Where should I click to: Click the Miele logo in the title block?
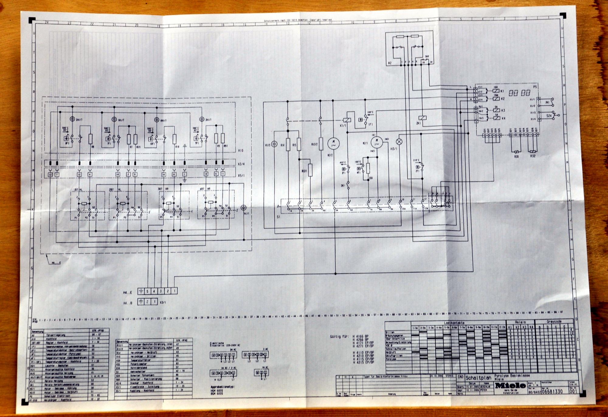click(x=510, y=385)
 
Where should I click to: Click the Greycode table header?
click(x=554, y=321)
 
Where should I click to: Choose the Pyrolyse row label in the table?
click(x=391, y=359)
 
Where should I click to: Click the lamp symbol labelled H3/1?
click(x=399, y=142)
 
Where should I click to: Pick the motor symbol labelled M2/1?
click(x=377, y=142)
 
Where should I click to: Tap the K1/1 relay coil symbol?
click(x=347, y=120)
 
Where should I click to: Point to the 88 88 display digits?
click(x=520, y=93)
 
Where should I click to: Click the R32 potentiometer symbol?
click(x=532, y=152)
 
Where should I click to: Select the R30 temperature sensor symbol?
click(x=516, y=152)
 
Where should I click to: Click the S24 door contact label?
click(x=549, y=116)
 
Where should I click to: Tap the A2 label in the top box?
click(x=390, y=63)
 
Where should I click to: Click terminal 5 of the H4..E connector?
click(x=147, y=291)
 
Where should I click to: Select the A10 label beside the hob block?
click(x=241, y=150)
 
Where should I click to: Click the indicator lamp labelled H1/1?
click(x=243, y=207)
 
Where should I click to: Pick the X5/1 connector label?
click(x=241, y=176)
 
